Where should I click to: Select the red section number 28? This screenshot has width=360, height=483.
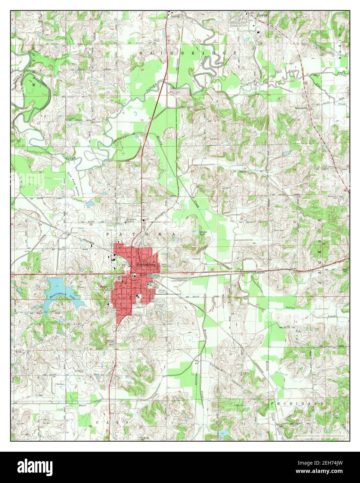(x=91, y=225)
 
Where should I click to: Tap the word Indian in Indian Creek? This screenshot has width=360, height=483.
(x=290, y=308)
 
